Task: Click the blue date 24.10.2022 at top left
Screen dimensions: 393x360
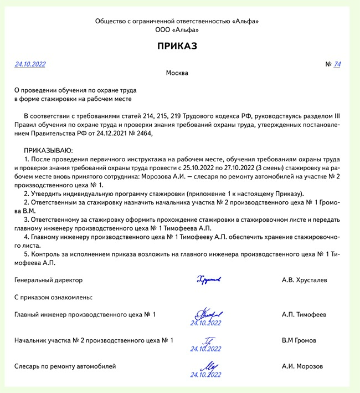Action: pyautogui.click(x=30, y=64)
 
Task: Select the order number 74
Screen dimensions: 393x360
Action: pyautogui.click(x=337, y=64)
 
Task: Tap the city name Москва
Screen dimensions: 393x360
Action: pyautogui.click(x=177, y=73)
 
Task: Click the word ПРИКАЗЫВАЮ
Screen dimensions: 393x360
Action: pyautogui.click(x=49, y=151)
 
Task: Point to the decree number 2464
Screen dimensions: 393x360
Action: pyautogui.click(x=141, y=133)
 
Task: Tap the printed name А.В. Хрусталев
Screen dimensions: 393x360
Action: pyautogui.click(x=304, y=280)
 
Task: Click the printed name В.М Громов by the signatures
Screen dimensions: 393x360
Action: pyautogui.click(x=299, y=340)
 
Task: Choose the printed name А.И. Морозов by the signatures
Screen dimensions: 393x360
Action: pyautogui.click(x=302, y=366)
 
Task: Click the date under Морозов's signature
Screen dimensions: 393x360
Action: pyautogui.click(x=205, y=375)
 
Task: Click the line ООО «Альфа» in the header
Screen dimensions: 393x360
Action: pyautogui.click(x=177, y=30)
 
